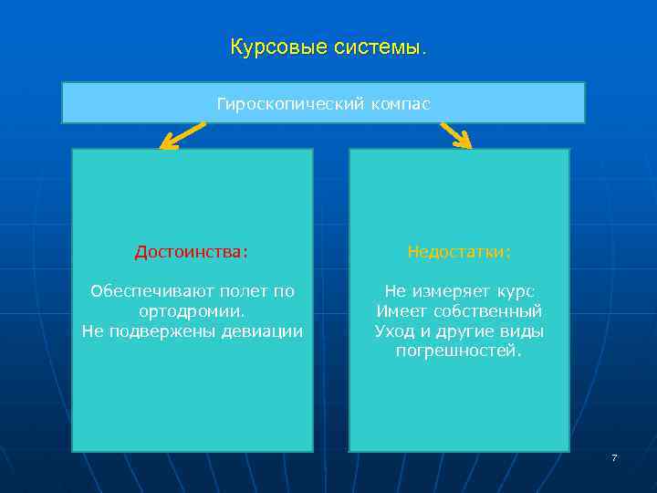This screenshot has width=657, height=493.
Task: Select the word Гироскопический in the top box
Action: pos(290,104)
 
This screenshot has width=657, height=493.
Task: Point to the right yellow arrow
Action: pos(455,135)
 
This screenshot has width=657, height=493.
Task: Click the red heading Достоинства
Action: pos(192,251)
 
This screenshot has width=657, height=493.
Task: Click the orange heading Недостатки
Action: pos(459,251)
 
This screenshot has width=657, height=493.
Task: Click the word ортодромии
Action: pos(192,311)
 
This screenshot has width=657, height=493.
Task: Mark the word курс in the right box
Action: pos(516,292)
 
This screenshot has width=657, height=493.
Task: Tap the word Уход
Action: pos(395,331)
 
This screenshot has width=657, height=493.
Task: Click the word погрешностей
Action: pos(459,351)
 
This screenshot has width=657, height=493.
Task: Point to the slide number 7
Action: pos(614,457)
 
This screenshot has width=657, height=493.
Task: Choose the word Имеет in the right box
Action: pos(398,311)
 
